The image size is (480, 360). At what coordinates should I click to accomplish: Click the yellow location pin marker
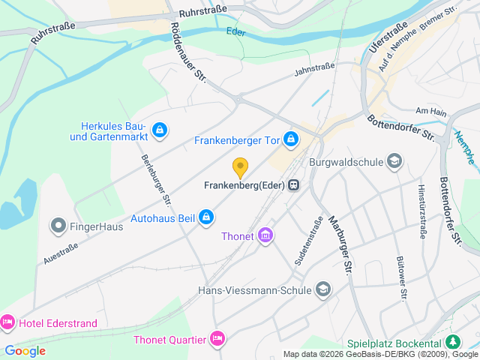(x=240, y=168)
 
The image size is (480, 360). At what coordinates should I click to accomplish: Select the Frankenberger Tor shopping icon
(x=291, y=139)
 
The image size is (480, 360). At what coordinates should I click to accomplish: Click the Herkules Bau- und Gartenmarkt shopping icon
(x=159, y=130)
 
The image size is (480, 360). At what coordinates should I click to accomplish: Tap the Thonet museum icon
(x=265, y=237)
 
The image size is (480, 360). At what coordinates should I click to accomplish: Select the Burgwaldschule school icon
(x=394, y=160)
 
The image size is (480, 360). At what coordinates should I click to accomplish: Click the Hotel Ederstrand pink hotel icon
(x=7, y=322)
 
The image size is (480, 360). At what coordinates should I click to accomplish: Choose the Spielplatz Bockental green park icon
(x=453, y=342)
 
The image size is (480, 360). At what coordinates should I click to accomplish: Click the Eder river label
(x=235, y=31)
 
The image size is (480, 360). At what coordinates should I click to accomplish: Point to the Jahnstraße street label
(x=314, y=67)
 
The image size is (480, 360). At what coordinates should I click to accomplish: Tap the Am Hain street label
(x=430, y=111)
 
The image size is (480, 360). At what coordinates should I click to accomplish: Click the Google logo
(x=25, y=350)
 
